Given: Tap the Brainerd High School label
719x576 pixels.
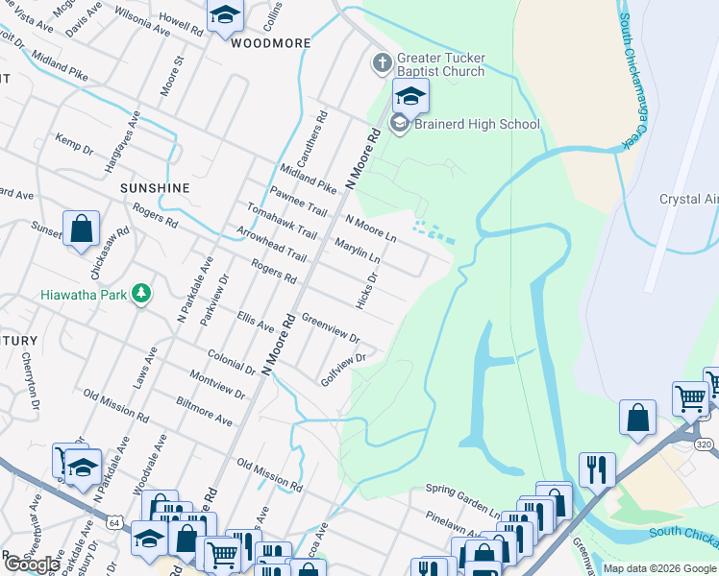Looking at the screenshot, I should (477, 124).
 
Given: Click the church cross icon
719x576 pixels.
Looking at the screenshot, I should (382, 63).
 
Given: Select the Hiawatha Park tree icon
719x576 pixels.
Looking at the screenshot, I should (141, 292).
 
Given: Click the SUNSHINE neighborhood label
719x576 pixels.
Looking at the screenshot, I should (154, 188).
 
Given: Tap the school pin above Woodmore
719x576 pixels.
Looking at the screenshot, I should (225, 16).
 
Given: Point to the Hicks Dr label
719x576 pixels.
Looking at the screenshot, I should (366, 289).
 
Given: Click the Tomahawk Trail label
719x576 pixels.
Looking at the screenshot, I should (281, 222).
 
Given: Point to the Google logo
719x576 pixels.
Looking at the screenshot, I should (32, 564).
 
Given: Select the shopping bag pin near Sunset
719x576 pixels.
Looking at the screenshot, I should (82, 229).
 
